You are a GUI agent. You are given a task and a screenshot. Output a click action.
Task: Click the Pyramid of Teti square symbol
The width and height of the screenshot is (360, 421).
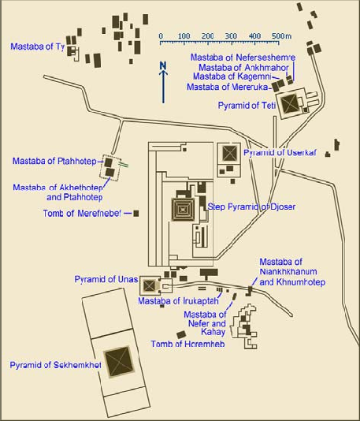point(289,103)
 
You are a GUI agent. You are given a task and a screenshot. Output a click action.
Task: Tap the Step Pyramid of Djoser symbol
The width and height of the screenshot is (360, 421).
point(184,210)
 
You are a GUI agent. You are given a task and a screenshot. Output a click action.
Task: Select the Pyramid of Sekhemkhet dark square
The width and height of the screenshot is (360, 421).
point(119,362)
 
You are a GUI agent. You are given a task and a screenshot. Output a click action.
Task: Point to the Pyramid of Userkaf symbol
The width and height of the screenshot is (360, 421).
point(229,153)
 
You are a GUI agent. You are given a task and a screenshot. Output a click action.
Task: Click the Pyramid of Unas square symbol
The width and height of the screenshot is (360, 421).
point(150,285)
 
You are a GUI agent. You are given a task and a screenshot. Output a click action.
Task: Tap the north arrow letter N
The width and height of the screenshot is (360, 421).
point(163,65)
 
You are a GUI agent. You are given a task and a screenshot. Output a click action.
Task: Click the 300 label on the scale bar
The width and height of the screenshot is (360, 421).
point(231,36)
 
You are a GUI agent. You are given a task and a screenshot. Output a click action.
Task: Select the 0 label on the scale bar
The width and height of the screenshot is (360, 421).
point(161,36)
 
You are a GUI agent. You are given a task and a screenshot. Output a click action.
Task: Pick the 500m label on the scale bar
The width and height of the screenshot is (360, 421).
point(281,36)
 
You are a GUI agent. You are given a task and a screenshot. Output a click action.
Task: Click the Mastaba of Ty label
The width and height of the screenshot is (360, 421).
point(38,47)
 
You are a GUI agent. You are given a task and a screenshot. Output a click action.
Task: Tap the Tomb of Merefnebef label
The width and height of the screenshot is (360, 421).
point(82,214)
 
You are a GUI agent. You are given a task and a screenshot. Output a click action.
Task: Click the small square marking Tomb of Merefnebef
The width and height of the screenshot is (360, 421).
point(136,214)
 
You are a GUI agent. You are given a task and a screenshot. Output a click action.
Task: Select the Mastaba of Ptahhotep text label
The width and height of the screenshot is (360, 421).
point(54,161)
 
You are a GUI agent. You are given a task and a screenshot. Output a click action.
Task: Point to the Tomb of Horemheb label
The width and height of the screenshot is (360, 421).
point(187,344)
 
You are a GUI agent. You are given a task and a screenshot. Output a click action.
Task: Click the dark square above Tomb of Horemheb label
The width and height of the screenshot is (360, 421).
point(181,335)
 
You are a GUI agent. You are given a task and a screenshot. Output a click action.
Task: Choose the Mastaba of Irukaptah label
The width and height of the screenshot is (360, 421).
point(178,301)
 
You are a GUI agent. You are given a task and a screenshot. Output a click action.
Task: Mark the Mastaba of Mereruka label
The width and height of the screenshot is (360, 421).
point(227,87)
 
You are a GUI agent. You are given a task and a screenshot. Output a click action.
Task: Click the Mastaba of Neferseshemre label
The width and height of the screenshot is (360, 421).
point(243,58)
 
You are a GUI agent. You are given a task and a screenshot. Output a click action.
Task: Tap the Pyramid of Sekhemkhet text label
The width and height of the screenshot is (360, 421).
point(55,365)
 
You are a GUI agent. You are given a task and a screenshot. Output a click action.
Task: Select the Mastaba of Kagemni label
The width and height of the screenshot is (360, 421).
point(232,76)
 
